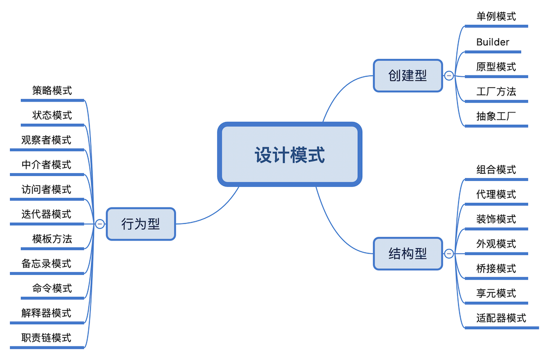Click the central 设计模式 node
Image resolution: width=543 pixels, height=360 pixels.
click(289, 155)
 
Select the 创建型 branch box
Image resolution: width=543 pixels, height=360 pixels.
click(408, 75)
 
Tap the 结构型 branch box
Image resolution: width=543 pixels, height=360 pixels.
click(408, 254)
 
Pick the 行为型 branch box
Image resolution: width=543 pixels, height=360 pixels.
click(141, 224)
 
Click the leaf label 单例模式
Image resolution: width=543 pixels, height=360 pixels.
click(496, 16)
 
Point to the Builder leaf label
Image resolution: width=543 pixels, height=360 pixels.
click(493, 42)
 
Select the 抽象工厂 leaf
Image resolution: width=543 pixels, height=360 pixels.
click(496, 116)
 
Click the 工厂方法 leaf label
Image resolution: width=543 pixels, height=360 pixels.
click(496, 91)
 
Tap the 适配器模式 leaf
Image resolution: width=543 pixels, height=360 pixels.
click(501, 318)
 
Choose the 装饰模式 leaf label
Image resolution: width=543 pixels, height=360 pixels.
click(496, 219)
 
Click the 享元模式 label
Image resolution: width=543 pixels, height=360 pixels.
click(496, 293)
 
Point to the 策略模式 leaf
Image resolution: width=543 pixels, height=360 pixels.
click(52, 91)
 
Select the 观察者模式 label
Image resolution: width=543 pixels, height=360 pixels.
click(47, 140)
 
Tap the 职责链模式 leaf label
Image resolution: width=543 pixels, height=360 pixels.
click(47, 338)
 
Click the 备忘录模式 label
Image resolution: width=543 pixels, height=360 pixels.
click(47, 264)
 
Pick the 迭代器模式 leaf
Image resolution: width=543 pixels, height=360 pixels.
click(47, 214)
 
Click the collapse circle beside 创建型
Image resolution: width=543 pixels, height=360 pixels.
click(449, 75)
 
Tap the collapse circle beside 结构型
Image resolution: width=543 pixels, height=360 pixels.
click(449, 254)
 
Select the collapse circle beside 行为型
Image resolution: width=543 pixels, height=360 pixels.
click(100, 224)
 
